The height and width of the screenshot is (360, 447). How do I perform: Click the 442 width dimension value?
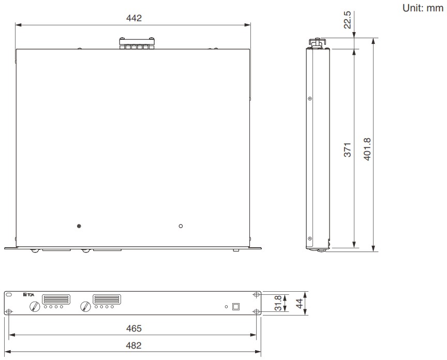133,18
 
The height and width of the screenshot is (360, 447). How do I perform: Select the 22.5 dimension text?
348,19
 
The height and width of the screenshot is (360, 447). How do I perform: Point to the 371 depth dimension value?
348,149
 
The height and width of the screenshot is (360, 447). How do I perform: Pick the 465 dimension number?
133,328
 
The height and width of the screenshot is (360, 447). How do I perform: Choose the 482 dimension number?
133,345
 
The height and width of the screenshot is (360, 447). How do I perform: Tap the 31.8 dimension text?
277,303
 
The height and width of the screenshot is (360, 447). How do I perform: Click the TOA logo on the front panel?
28,295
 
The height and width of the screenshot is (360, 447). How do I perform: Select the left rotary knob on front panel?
34,307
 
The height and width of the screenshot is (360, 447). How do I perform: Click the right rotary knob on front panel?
85,307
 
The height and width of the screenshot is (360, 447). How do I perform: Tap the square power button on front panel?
236,306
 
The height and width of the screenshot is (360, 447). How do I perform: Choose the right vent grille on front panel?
106,299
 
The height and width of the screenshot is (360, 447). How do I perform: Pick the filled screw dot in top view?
79,227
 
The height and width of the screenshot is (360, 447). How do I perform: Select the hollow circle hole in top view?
181,226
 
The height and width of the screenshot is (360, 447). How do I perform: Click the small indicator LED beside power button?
226,307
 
